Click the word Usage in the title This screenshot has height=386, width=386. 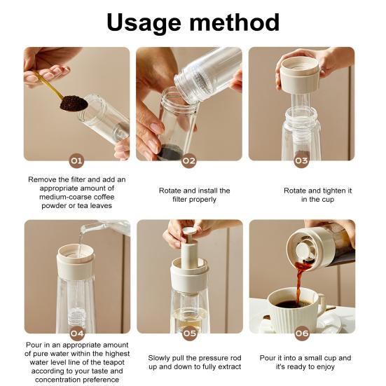pyautogui.click(x=145, y=23)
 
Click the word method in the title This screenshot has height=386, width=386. pyautogui.click(x=235, y=22)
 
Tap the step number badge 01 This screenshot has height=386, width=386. pyautogui.click(x=76, y=160)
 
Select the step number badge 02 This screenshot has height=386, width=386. pyautogui.click(x=189, y=160)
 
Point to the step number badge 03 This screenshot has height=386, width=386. pyautogui.click(x=301, y=160)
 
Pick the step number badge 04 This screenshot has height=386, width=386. pyautogui.click(x=77, y=333)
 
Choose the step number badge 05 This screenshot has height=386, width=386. pyautogui.click(x=190, y=333)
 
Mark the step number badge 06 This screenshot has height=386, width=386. pyautogui.click(x=302, y=333)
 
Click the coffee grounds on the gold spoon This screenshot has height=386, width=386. pyautogui.click(x=74, y=103)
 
